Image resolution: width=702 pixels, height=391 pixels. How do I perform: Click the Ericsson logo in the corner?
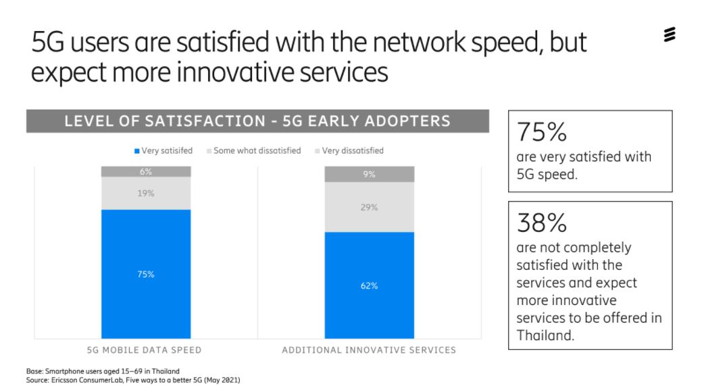click(x=670, y=34)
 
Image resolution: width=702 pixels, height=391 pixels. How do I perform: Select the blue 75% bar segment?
click(x=146, y=274)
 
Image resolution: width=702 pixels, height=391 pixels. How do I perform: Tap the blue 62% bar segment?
click(x=370, y=285)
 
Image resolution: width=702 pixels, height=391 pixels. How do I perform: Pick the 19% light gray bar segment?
click(x=146, y=193)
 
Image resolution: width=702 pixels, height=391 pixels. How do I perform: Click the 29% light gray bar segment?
click(x=370, y=207)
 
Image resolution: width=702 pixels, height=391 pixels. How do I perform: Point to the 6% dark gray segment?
click(x=146, y=172)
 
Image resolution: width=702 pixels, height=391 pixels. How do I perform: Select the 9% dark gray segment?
click(x=370, y=175)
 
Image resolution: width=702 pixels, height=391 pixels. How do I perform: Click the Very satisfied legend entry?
click(x=164, y=151)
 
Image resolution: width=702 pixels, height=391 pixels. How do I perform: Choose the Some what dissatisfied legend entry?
click(x=254, y=151)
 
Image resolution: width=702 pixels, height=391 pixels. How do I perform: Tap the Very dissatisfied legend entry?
click(x=349, y=151)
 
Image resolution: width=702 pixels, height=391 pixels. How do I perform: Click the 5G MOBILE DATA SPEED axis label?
click(x=144, y=350)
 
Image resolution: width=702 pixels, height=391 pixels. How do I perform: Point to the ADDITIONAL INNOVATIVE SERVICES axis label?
click(x=369, y=350)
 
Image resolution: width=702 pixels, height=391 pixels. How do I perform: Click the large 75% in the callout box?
click(x=542, y=132)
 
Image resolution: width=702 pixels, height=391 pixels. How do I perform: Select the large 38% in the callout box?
click(x=542, y=223)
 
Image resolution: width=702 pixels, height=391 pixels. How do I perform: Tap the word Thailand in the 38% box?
click(x=545, y=336)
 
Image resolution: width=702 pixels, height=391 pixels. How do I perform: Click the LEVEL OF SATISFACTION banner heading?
click(x=257, y=121)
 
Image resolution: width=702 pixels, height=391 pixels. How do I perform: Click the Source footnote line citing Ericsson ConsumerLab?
click(x=133, y=380)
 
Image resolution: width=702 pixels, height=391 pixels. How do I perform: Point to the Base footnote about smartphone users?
click(x=103, y=371)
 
